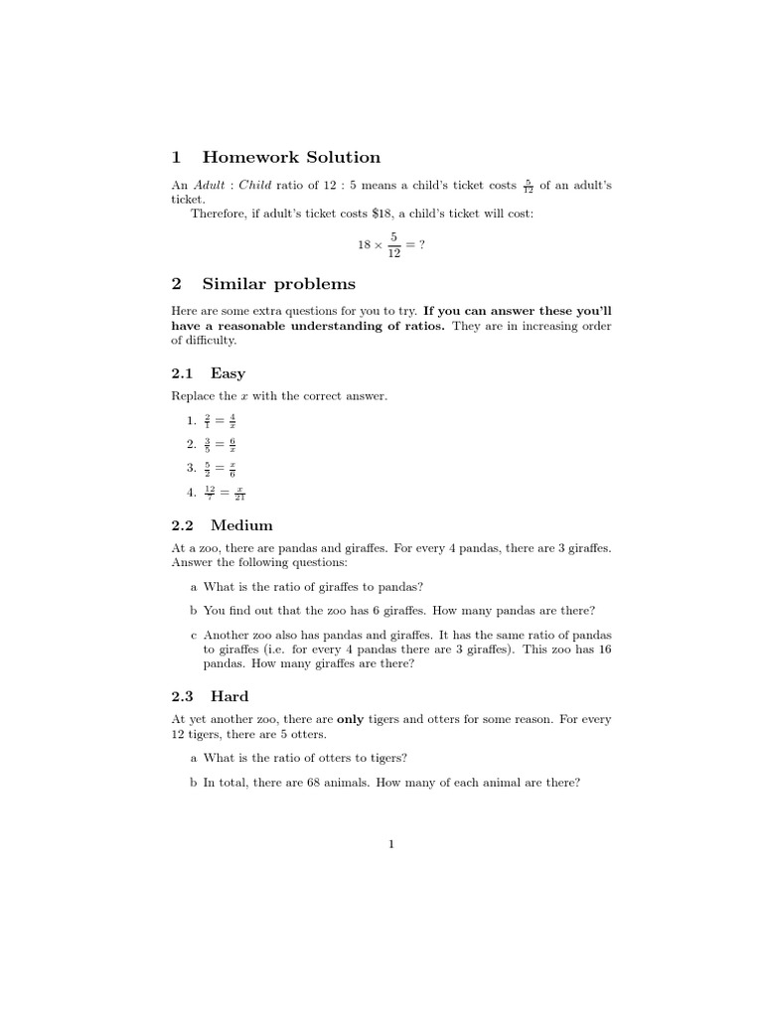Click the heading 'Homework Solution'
(290, 157)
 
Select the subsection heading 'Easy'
(228, 373)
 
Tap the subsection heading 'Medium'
(241, 524)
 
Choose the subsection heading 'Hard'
(229, 696)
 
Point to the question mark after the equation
(422, 245)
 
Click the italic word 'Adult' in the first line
(210, 186)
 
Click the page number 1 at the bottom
(391, 845)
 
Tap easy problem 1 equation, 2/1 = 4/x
(220, 421)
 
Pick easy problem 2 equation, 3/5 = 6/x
(220, 444)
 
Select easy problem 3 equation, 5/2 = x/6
(220, 468)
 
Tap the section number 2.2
(184, 524)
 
